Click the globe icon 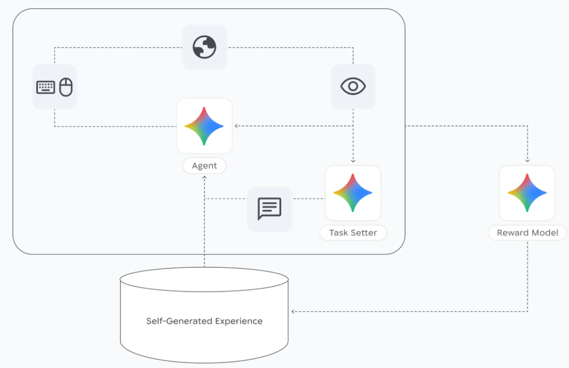pos(204,47)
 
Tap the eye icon pos(353,86)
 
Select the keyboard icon pos(46,87)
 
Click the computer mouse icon pos(66,87)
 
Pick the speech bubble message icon pos(269,209)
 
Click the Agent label pos(204,166)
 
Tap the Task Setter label pos(353,232)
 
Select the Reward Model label pos(527,232)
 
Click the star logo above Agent pos(204,126)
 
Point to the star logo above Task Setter pos(353,192)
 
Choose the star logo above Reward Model pos(527,192)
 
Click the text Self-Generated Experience pos(204,321)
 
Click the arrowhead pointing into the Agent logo pos(237,126)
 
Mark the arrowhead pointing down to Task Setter pos(353,160)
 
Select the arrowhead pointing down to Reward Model pos(527,160)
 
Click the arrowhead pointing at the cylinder pos(293,311)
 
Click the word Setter pos(365,232)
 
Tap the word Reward pos(511,232)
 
